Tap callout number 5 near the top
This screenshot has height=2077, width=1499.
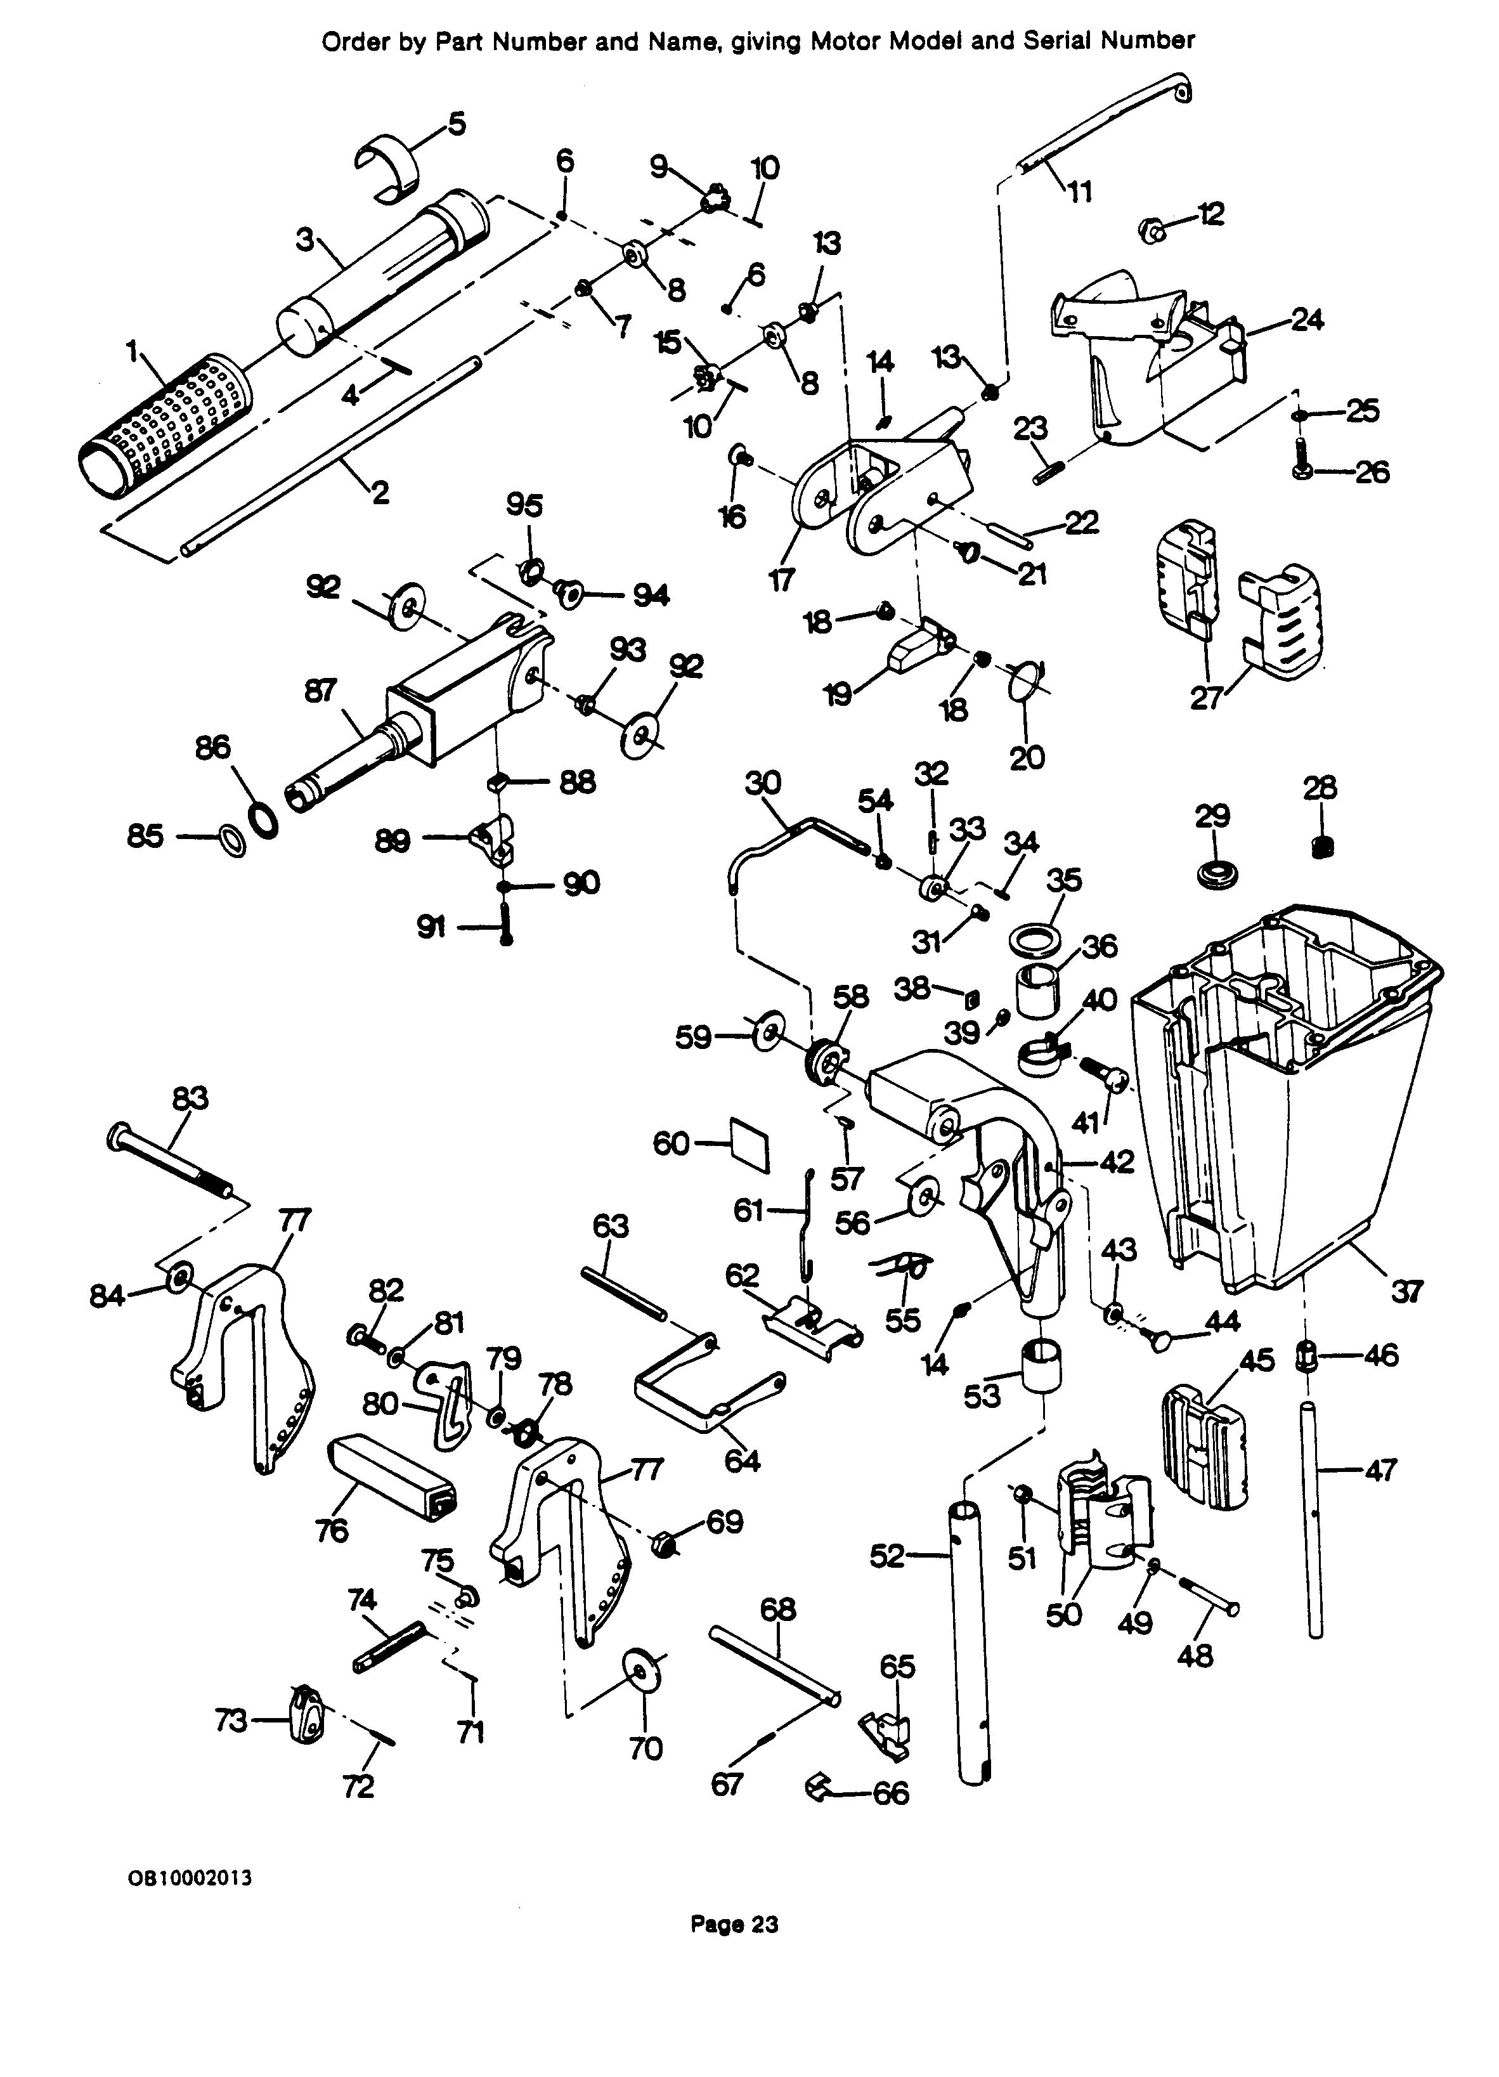pyautogui.click(x=455, y=122)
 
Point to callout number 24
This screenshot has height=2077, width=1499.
pyautogui.click(x=1307, y=320)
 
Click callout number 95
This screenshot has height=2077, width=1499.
pyautogui.click(x=524, y=505)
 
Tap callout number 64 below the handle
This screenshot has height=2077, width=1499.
pyautogui.click(x=742, y=1460)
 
